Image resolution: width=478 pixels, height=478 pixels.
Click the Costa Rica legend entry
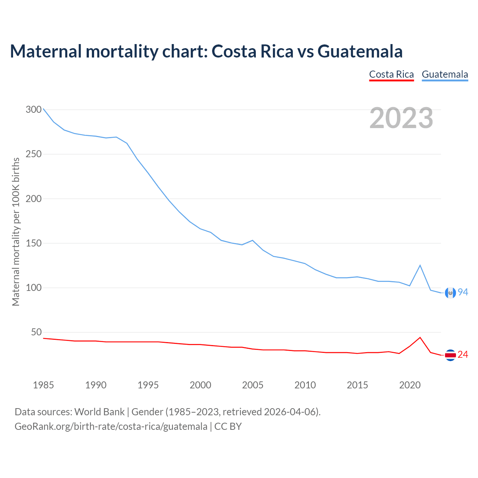tap(391, 74)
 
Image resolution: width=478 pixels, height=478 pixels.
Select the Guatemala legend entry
tap(445, 74)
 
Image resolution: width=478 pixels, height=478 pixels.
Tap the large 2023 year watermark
tap(401, 118)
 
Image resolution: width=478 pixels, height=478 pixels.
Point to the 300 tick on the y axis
tap(34, 109)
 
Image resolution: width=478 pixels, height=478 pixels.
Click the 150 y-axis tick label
tap(34, 243)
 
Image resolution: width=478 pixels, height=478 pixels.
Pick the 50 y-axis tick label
tap(36, 332)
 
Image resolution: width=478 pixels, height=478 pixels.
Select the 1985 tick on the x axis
tap(43, 385)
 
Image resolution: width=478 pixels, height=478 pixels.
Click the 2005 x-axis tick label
tap(253, 385)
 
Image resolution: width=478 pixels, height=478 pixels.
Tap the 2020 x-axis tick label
tap(410, 385)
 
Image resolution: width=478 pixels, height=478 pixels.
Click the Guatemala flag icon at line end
tap(450, 293)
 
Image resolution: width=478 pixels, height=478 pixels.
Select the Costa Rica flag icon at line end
tap(450, 355)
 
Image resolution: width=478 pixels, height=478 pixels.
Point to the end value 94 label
tap(463, 292)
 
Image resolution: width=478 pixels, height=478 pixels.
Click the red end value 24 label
tap(463, 354)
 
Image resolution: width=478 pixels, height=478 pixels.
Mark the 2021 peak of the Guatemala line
tap(420, 265)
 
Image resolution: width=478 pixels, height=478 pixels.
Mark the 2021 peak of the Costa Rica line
tap(420, 338)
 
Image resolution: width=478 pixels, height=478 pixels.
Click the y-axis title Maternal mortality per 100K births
tap(16, 232)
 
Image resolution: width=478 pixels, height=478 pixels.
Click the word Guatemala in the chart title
tap(360, 51)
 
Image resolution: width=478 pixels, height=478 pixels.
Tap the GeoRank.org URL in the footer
tap(111, 426)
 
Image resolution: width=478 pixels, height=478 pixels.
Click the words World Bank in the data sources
tap(99, 412)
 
